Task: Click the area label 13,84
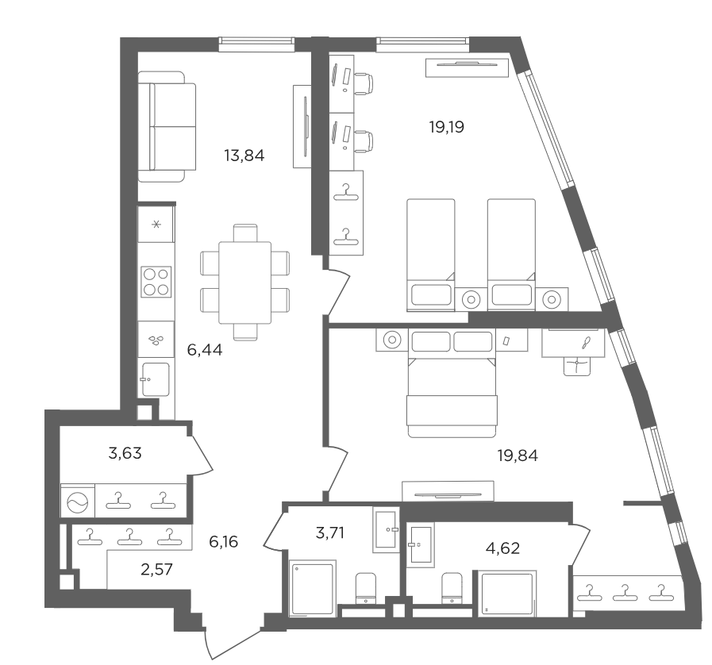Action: point(244,156)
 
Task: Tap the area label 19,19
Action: point(447,128)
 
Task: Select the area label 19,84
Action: point(518,456)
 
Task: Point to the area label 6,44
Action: point(205,350)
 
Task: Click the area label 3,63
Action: point(125,453)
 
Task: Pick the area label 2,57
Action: point(156,569)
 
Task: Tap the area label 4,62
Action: point(502,548)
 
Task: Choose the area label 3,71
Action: point(330,532)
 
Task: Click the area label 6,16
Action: point(223,542)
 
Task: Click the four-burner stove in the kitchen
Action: point(156,282)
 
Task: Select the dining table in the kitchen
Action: point(244,283)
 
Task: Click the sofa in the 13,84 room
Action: point(167,127)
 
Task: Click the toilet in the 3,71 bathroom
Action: point(366,589)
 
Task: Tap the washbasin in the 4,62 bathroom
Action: point(421,544)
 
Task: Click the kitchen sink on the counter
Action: point(156,379)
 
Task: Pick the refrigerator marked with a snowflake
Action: point(156,224)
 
